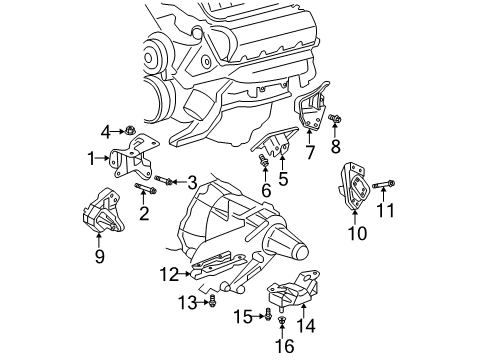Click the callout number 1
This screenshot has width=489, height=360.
[90, 157]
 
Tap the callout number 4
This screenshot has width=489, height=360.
[106, 130]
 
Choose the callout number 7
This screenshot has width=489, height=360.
[310, 153]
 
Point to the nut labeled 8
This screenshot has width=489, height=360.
[335, 121]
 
